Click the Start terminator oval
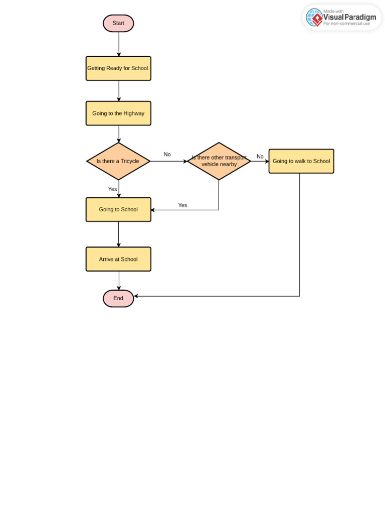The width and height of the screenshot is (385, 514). point(118,23)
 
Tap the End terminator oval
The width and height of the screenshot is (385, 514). point(118,298)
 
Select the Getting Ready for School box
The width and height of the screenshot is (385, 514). point(118,68)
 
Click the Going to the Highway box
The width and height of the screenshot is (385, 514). point(118,113)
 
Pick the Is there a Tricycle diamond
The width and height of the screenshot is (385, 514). point(118,161)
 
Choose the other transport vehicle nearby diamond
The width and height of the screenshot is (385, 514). point(219,161)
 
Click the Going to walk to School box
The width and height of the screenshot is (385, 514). point(301,161)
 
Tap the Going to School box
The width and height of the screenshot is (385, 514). point(118,209)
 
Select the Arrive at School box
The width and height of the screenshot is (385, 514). point(118,259)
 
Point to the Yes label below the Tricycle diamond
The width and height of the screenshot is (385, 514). point(112,189)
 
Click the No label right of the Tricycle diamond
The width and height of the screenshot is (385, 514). point(167,155)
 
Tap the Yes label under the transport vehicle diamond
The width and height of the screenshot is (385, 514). point(182,205)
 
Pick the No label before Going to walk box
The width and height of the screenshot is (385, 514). point(260,157)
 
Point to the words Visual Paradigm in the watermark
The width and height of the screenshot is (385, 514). point(349,18)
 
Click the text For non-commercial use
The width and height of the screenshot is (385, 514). point(346,24)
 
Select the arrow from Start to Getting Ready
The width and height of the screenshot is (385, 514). point(119,44)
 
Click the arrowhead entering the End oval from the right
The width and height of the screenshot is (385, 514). point(136,296)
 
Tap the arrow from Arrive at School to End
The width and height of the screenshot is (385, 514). point(119,281)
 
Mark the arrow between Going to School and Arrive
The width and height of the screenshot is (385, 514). point(119,234)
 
